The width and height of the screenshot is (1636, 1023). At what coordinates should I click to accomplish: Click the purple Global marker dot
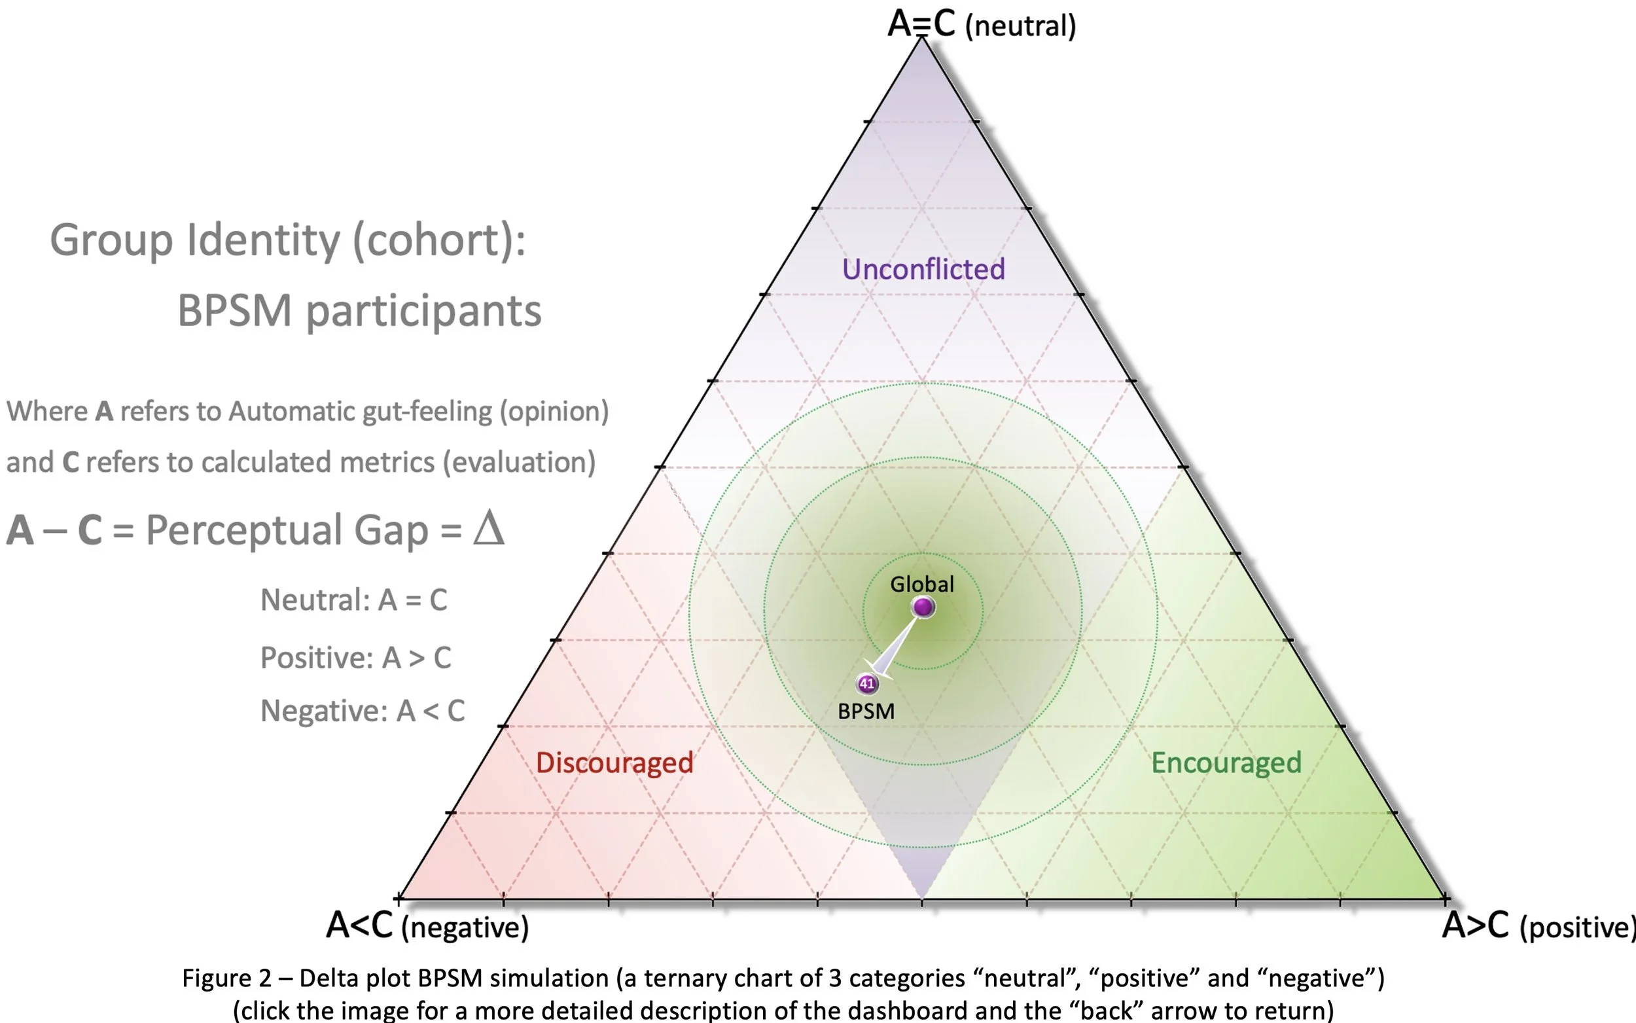[x=923, y=607]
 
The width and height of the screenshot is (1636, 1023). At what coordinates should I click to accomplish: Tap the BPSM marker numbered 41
[x=867, y=684]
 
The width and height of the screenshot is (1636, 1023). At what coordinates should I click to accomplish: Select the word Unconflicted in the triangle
[x=923, y=269]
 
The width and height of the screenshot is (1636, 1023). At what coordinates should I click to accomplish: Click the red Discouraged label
[x=614, y=763]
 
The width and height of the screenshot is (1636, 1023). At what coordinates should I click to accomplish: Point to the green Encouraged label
[x=1226, y=763]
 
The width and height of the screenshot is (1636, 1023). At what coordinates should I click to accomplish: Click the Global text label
[x=922, y=584]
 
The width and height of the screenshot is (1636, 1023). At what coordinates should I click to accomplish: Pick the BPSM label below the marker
[x=866, y=711]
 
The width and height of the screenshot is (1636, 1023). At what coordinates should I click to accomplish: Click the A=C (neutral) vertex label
[x=982, y=25]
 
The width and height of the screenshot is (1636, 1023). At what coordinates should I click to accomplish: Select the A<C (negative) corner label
[x=427, y=925]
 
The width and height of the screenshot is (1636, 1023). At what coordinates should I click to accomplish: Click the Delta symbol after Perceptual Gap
[x=488, y=529]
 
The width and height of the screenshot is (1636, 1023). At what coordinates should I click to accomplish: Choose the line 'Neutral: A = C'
[x=354, y=600]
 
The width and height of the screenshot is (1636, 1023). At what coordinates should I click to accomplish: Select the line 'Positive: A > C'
[x=356, y=658]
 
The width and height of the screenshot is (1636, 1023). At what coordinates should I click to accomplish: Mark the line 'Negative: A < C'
[x=363, y=711]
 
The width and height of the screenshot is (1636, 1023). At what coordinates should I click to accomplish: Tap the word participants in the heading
[x=423, y=312]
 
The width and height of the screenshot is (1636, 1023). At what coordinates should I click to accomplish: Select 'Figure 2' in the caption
[x=226, y=978]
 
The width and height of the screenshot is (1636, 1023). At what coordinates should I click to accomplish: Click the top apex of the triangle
[x=923, y=39]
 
